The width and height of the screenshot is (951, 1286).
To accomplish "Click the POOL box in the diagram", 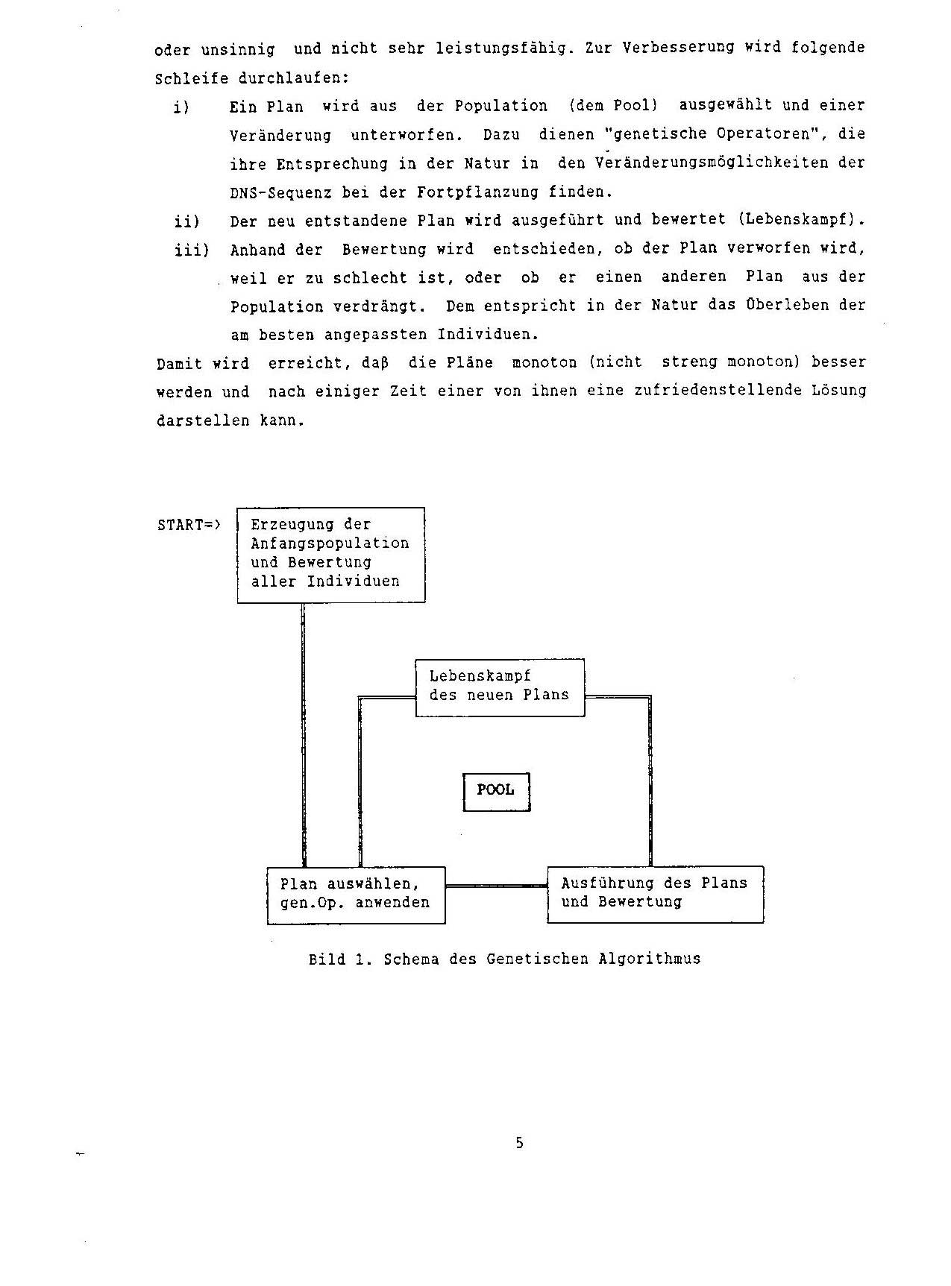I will point(496,791).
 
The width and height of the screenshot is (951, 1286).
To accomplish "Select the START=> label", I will point(189,525).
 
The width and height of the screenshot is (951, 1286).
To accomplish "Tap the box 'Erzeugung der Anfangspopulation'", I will point(330,555).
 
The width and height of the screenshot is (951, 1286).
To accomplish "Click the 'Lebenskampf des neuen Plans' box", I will point(500,687).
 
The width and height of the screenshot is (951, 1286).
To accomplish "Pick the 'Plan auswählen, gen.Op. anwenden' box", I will point(356,895).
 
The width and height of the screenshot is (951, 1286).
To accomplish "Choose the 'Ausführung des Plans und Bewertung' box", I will point(655,894).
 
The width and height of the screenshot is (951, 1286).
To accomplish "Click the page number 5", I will point(519,1143).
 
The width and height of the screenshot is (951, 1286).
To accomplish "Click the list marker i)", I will point(181,107).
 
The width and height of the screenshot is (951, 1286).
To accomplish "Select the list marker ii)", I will point(186,221).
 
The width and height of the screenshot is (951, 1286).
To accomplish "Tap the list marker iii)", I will point(192,250).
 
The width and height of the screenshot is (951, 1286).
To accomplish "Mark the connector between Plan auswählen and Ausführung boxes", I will point(496,886).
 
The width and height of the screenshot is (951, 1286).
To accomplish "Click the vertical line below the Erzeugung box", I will point(304,734).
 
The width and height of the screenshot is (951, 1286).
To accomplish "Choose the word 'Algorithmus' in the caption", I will point(649,959).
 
